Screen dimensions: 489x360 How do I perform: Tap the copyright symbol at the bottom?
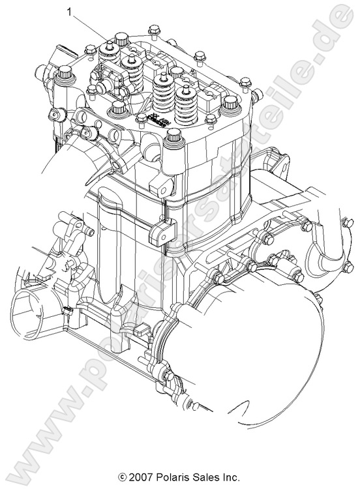tap(122, 477)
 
